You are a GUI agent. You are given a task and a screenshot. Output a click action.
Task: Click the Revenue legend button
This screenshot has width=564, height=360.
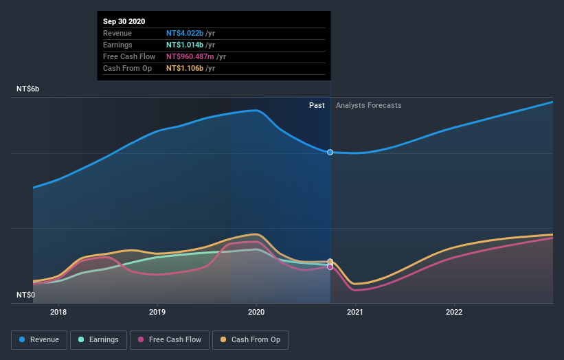(x=40, y=339)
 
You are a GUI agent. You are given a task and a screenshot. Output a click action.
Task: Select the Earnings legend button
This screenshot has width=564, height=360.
(x=98, y=339)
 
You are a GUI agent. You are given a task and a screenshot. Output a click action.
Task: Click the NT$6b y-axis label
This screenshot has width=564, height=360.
(x=28, y=89)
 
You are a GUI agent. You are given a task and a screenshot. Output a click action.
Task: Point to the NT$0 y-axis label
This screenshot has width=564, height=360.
(x=27, y=295)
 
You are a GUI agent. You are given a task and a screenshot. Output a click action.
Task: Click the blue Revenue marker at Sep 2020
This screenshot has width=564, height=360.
(x=330, y=152)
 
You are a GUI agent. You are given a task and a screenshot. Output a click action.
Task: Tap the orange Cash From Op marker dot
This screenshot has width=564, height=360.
(x=330, y=262)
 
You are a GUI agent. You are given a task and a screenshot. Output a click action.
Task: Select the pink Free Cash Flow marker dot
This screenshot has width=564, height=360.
(x=330, y=267)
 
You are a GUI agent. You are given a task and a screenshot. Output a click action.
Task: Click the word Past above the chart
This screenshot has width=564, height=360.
(x=317, y=105)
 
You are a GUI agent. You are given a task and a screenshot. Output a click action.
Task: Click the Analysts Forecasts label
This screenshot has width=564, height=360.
(x=368, y=105)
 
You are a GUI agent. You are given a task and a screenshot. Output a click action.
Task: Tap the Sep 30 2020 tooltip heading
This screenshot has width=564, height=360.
(x=124, y=22)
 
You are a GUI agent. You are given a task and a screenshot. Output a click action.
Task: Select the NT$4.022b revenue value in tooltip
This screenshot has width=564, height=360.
(x=186, y=33)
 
